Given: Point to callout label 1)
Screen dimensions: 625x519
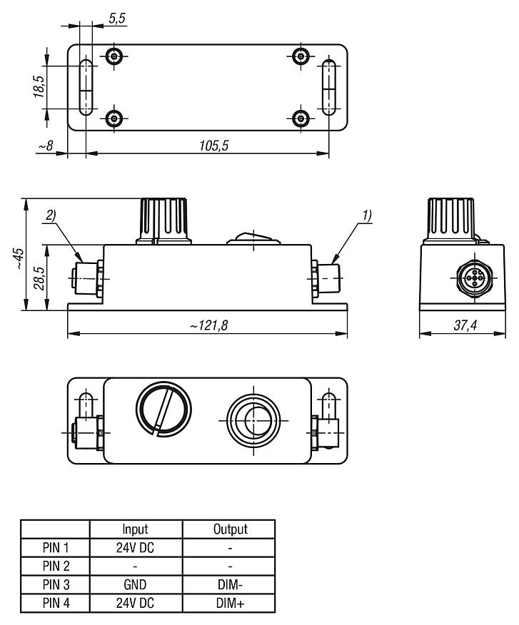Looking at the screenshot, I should pos(366,213).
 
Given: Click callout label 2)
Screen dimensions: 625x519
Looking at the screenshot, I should pos(51,213).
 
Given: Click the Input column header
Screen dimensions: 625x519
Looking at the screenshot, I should pos(136,529).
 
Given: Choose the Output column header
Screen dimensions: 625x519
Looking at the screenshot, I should pos(228,529).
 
